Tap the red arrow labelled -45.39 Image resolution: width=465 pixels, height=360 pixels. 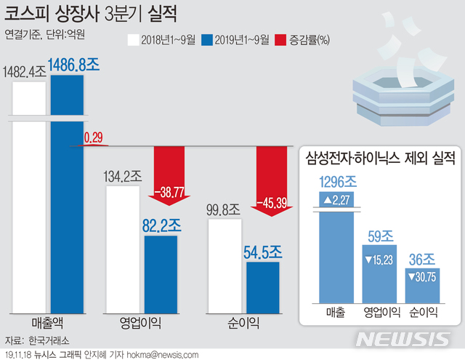tap(274, 185)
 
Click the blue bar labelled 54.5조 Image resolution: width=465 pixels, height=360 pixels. tap(262, 288)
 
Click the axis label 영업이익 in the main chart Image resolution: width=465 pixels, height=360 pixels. tap(141, 323)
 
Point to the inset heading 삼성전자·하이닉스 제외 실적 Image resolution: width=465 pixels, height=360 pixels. tap(379, 157)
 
